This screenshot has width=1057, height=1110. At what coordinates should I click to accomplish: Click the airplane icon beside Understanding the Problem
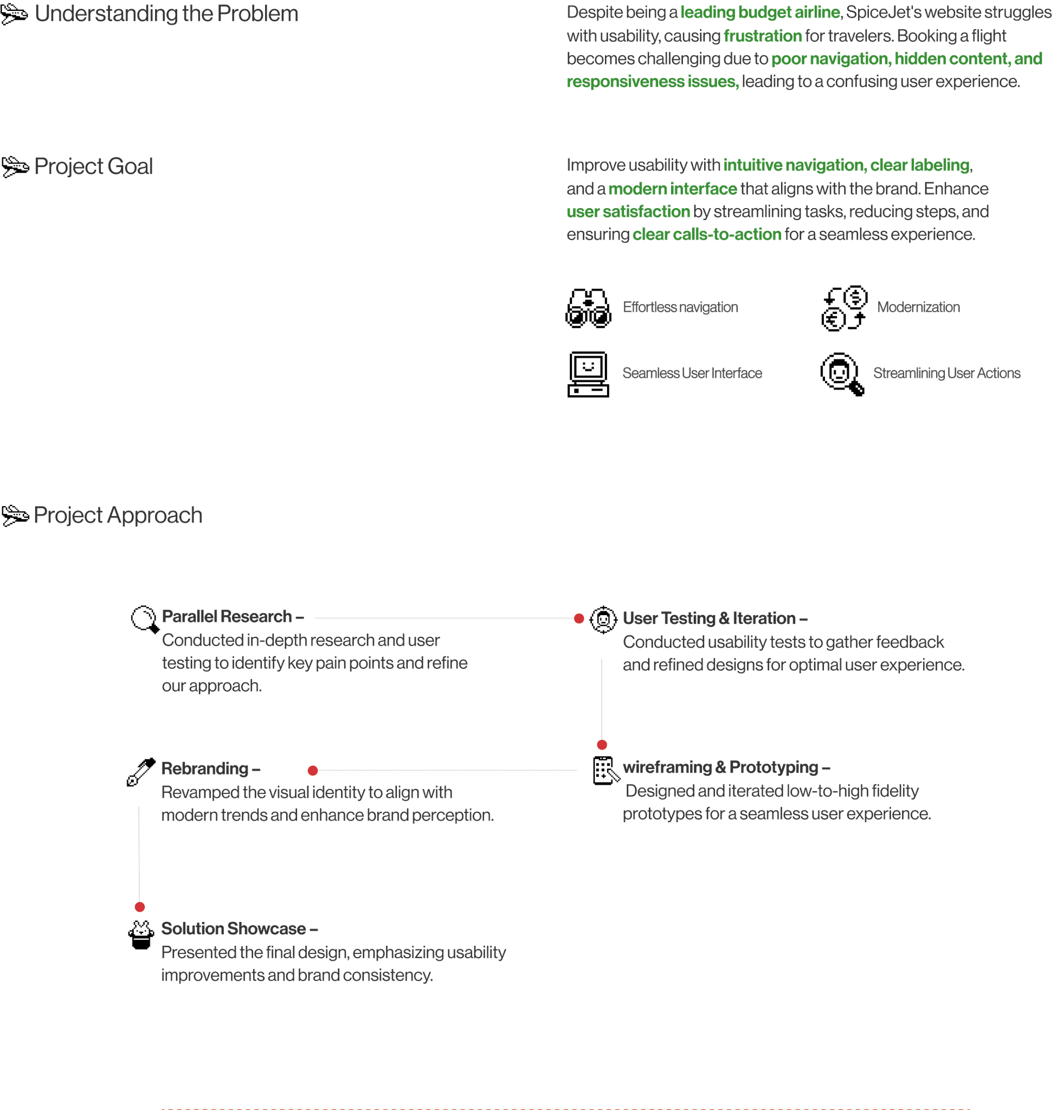click(x=14, y=14)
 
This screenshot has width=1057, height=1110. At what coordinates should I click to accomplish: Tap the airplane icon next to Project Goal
click(x=15, y=167)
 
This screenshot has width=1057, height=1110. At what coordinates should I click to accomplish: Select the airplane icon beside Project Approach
click(x=15, y=515)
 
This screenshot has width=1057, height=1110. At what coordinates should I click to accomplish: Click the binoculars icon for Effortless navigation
click(x=588, y=308)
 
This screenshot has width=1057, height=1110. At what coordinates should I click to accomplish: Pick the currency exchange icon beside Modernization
click(x=843, y=308)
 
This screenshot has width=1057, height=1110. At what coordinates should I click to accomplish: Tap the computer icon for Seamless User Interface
click(x=588, y=374)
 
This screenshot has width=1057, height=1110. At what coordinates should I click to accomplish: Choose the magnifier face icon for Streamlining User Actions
click(x=842, y=374)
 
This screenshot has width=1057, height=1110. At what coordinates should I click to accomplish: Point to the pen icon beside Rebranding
click(x=140, y=772)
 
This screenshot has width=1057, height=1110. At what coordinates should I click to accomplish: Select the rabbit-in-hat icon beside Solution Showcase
click(x=141, y=935)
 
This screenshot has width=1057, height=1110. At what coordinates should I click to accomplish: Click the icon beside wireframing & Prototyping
click(x=605, y=770)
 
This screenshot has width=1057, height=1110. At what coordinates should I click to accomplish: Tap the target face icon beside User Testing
click(x=603, y=619)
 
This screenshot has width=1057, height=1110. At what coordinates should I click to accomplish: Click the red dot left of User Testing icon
click(x=579, y=618)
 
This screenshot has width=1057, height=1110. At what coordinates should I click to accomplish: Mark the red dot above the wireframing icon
click(x=602, y=745)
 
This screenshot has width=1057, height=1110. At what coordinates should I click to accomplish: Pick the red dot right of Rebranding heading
click(x=313, y=770)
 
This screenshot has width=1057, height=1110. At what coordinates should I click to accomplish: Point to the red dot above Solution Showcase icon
click(x=140, y=907)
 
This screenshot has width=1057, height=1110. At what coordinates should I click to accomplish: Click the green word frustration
click(x=762, y=36)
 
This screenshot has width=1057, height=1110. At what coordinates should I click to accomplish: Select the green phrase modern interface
click(x=672, y=189)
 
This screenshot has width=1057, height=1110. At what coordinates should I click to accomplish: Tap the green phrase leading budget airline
click(x=760, y=12)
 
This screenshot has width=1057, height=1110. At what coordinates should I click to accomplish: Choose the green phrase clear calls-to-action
click(x=706, y=234)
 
